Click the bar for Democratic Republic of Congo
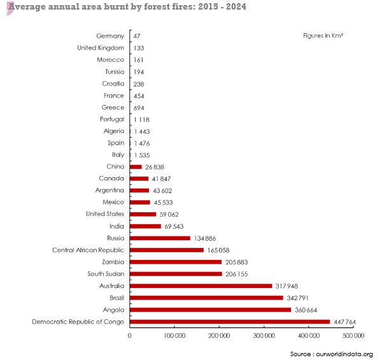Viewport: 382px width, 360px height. coord(230,322)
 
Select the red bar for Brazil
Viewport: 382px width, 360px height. coord(206,298)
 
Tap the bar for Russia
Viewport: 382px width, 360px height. coord(160,238)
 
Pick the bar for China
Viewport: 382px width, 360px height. coord(136,167)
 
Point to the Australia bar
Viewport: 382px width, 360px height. coord(201,285)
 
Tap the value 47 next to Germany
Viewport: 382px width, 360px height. coord(137,36)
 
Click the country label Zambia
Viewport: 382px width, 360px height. coord(113,262)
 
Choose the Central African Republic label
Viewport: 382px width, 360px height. coord(88,250)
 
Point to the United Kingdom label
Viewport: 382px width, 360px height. coord(101,48)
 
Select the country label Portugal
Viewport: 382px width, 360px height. coord(112,119)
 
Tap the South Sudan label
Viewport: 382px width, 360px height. coord(106,273)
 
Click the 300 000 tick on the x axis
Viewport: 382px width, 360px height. coord(264,335)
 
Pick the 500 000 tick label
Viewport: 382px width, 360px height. coord(353,335)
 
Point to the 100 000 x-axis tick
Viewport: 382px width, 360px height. coord(174,335)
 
